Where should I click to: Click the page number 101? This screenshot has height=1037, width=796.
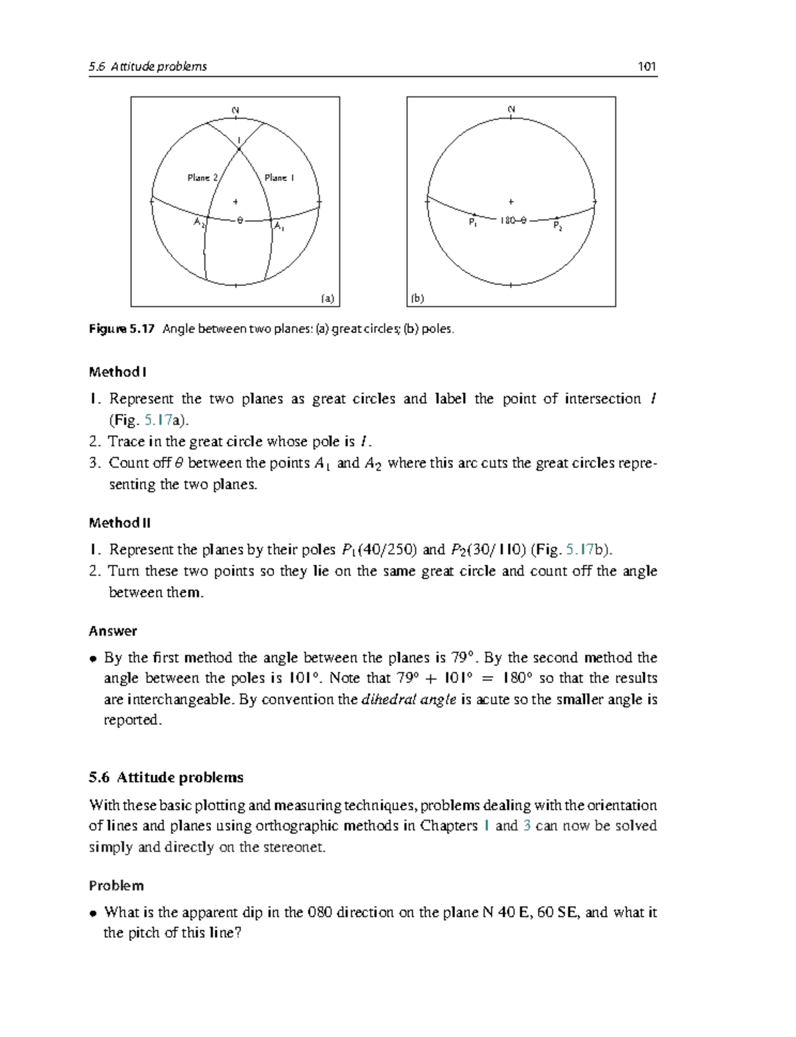(646, 66)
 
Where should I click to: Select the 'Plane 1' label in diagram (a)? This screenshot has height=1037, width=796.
(279, 178)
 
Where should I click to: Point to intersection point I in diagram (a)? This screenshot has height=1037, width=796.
(239, 150)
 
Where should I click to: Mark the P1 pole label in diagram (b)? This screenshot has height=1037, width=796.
(472, 223)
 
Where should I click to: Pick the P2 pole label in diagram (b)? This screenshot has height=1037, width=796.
(558, 226)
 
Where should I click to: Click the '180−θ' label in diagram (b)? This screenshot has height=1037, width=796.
(513, 220)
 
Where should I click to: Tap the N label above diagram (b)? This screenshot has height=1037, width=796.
(511, 109)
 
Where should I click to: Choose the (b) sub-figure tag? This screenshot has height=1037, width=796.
(417, 299)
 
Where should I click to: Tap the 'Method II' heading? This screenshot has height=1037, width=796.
(119, 523)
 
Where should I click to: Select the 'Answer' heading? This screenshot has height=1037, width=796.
(113, 631)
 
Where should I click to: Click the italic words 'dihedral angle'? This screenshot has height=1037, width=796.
(408, 699)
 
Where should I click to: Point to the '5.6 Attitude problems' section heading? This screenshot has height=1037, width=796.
(166, 778)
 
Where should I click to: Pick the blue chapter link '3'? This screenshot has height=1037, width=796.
(527, 826)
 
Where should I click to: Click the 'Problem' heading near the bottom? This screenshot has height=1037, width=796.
(116, 886)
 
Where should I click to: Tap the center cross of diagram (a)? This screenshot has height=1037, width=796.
(235, 201)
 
